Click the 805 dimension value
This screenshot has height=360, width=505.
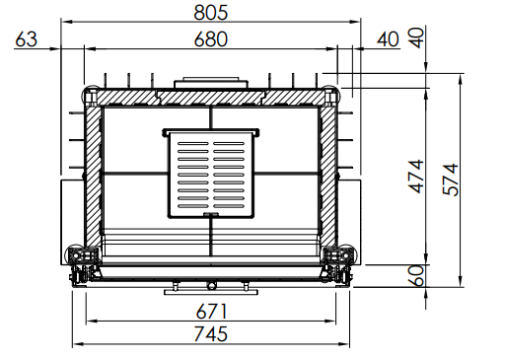pyautogui.click(x=210, y=13)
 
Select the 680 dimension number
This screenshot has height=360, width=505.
pyautogui.click(x=210, y=39)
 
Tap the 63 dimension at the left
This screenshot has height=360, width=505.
pyautogui.click(x=27, y=39)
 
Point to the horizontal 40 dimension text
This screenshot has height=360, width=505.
pyautogui.click(x=388, y=39)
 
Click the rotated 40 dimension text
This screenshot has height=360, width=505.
pyautogui.click(x=416, y=37)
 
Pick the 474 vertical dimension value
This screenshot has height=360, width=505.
pyautogui.click(x=416, y=177)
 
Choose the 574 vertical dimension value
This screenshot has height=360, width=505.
pyautogui.click(x=451, y=180)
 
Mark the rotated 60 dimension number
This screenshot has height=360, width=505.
pyautogui.click(x=416, y=275)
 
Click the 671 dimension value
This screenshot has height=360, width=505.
pyautogui.click(x=211, y=312)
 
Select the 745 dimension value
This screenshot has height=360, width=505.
pyautogui.click(x=210, y=333)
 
